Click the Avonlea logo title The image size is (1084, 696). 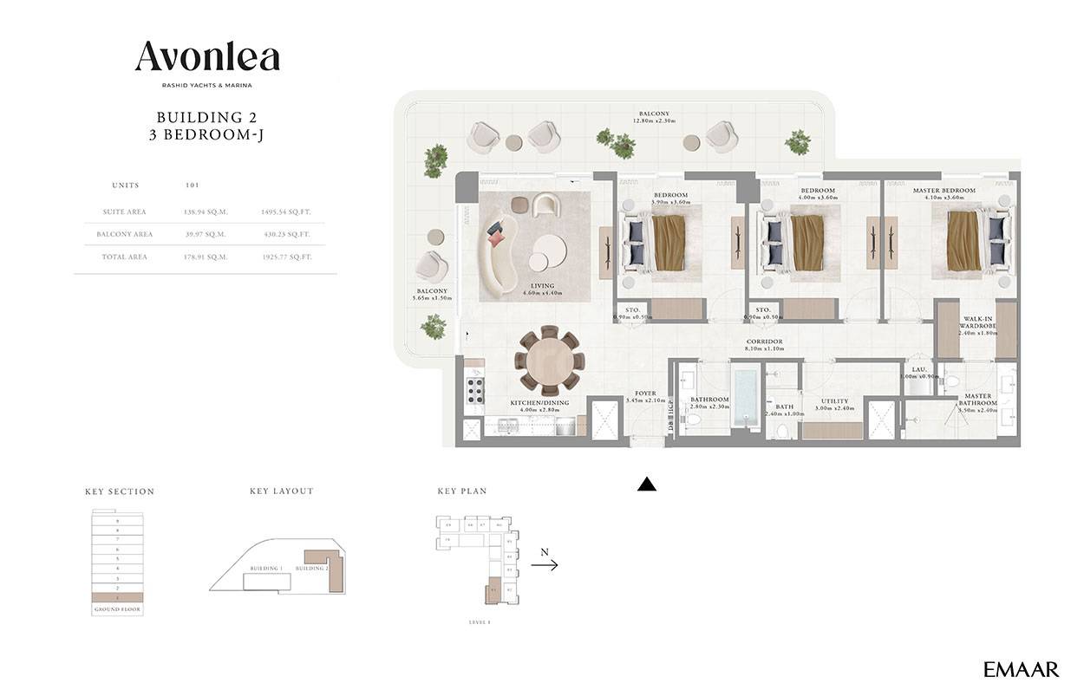point(207,57)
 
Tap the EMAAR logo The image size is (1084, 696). point(1021,669)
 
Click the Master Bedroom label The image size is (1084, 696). point(944,191)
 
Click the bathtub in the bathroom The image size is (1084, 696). point(746,398)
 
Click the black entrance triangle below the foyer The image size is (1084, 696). point(646,485)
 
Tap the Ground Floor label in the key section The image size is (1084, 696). point(116,609)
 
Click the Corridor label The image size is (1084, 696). point(764,341)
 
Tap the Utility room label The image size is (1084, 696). point(833,401)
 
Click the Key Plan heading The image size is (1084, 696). point(461,491)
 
